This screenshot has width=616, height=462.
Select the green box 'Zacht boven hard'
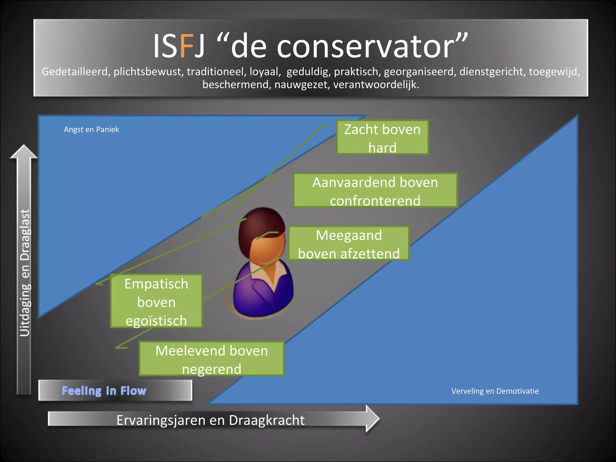[x=382, y=138]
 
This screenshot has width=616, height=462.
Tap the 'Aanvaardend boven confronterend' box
[x=375, y=191]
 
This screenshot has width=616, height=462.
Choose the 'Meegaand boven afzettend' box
[x=349, y=244]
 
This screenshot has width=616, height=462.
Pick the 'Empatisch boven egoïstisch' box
[x=156, y=301]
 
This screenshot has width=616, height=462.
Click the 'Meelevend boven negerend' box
[x=211, y=359]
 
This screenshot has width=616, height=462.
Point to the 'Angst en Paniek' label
[x=91, y=130]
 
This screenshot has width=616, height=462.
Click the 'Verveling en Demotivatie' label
[x=495, y=391]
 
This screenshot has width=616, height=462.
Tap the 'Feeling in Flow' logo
[x=104, y=391]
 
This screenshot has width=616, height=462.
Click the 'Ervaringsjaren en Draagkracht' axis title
[x=210, y=420]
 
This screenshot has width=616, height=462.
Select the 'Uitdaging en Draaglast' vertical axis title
[x=25, y=272]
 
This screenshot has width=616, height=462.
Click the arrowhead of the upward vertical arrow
[x=24, y=152]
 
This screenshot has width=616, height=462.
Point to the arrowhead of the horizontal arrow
[x=372, y=418]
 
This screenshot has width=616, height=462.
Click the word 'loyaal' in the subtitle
[x=265, y=72]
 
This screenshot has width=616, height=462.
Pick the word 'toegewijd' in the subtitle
[x=553, y=72]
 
